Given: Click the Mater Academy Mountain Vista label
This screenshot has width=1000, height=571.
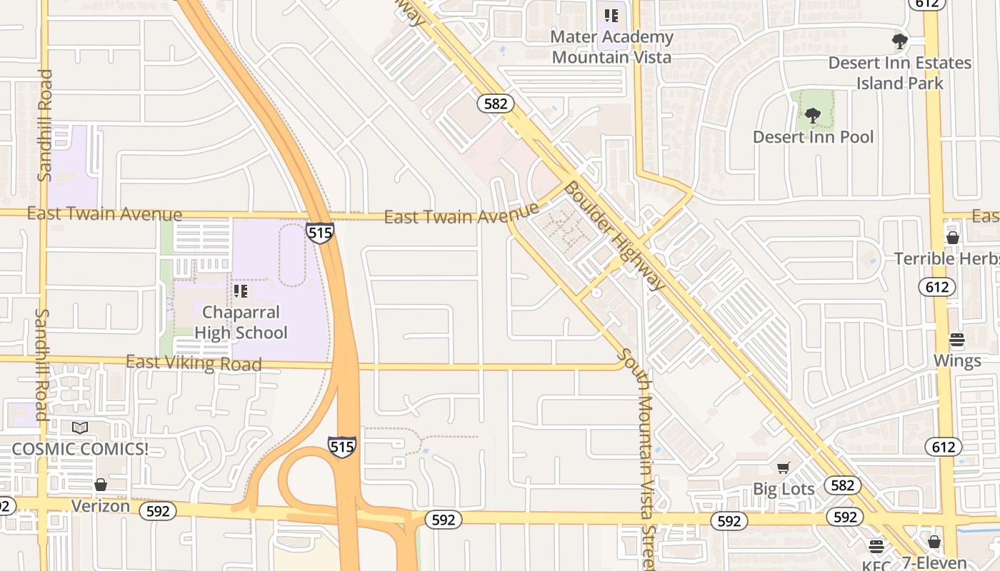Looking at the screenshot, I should point(611,46).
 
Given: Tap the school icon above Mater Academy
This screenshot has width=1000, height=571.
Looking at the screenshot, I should point(611,15).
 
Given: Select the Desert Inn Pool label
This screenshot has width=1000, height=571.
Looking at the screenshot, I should point(813,137).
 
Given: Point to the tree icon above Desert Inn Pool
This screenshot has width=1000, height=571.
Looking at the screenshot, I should point(812,115).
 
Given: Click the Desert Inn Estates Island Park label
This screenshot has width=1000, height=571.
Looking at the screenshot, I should point(899,73).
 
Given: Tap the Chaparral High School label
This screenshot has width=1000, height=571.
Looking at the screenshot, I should point(241,323).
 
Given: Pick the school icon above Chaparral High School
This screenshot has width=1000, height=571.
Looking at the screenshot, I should point(241,291).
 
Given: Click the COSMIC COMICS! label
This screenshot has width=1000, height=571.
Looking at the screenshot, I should point(79,450).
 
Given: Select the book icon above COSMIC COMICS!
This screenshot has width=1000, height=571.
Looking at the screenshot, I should point(80,428).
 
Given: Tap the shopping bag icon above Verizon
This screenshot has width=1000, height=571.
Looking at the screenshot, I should point(101,485).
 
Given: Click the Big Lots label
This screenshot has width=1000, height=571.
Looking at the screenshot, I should point(784,489).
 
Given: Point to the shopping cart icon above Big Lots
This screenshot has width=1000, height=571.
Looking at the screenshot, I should point(784,468).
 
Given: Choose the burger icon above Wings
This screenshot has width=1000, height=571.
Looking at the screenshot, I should point(957,339).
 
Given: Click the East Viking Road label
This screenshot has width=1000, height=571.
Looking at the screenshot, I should point(194,363).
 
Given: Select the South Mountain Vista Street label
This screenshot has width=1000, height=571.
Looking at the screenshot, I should point(638,457).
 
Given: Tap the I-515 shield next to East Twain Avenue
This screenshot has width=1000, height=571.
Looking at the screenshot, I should point(319,233).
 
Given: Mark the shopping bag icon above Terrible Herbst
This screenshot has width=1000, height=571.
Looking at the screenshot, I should point(952,238).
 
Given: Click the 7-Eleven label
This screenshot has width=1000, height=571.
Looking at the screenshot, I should point(934,562).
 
